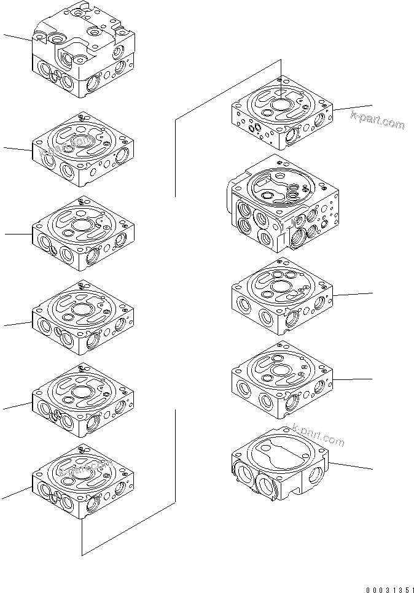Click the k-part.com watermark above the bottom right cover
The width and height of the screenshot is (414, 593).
(318, 436)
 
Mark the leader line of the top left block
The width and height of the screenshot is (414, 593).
(17, 37)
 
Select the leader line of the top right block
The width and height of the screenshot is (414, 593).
(353, 107)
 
